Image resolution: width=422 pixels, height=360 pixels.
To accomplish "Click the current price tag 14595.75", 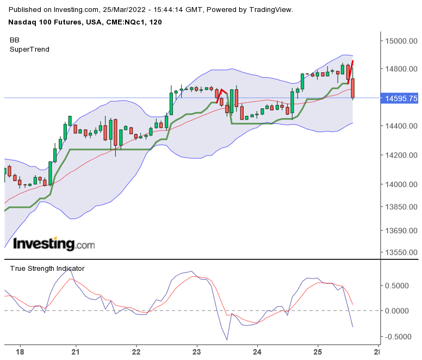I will coord(401,98).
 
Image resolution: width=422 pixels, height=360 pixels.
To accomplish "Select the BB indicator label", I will coord(15,40).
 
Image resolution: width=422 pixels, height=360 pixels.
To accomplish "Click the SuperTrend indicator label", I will coord(29,49).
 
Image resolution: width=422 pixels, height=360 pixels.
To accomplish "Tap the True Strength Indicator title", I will coord(47,268).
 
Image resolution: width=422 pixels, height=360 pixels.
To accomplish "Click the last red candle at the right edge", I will coord(353,89).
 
